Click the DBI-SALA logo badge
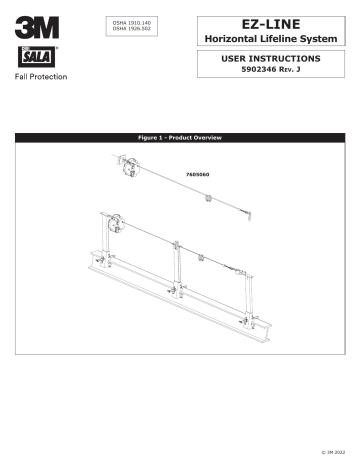[31, 56]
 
